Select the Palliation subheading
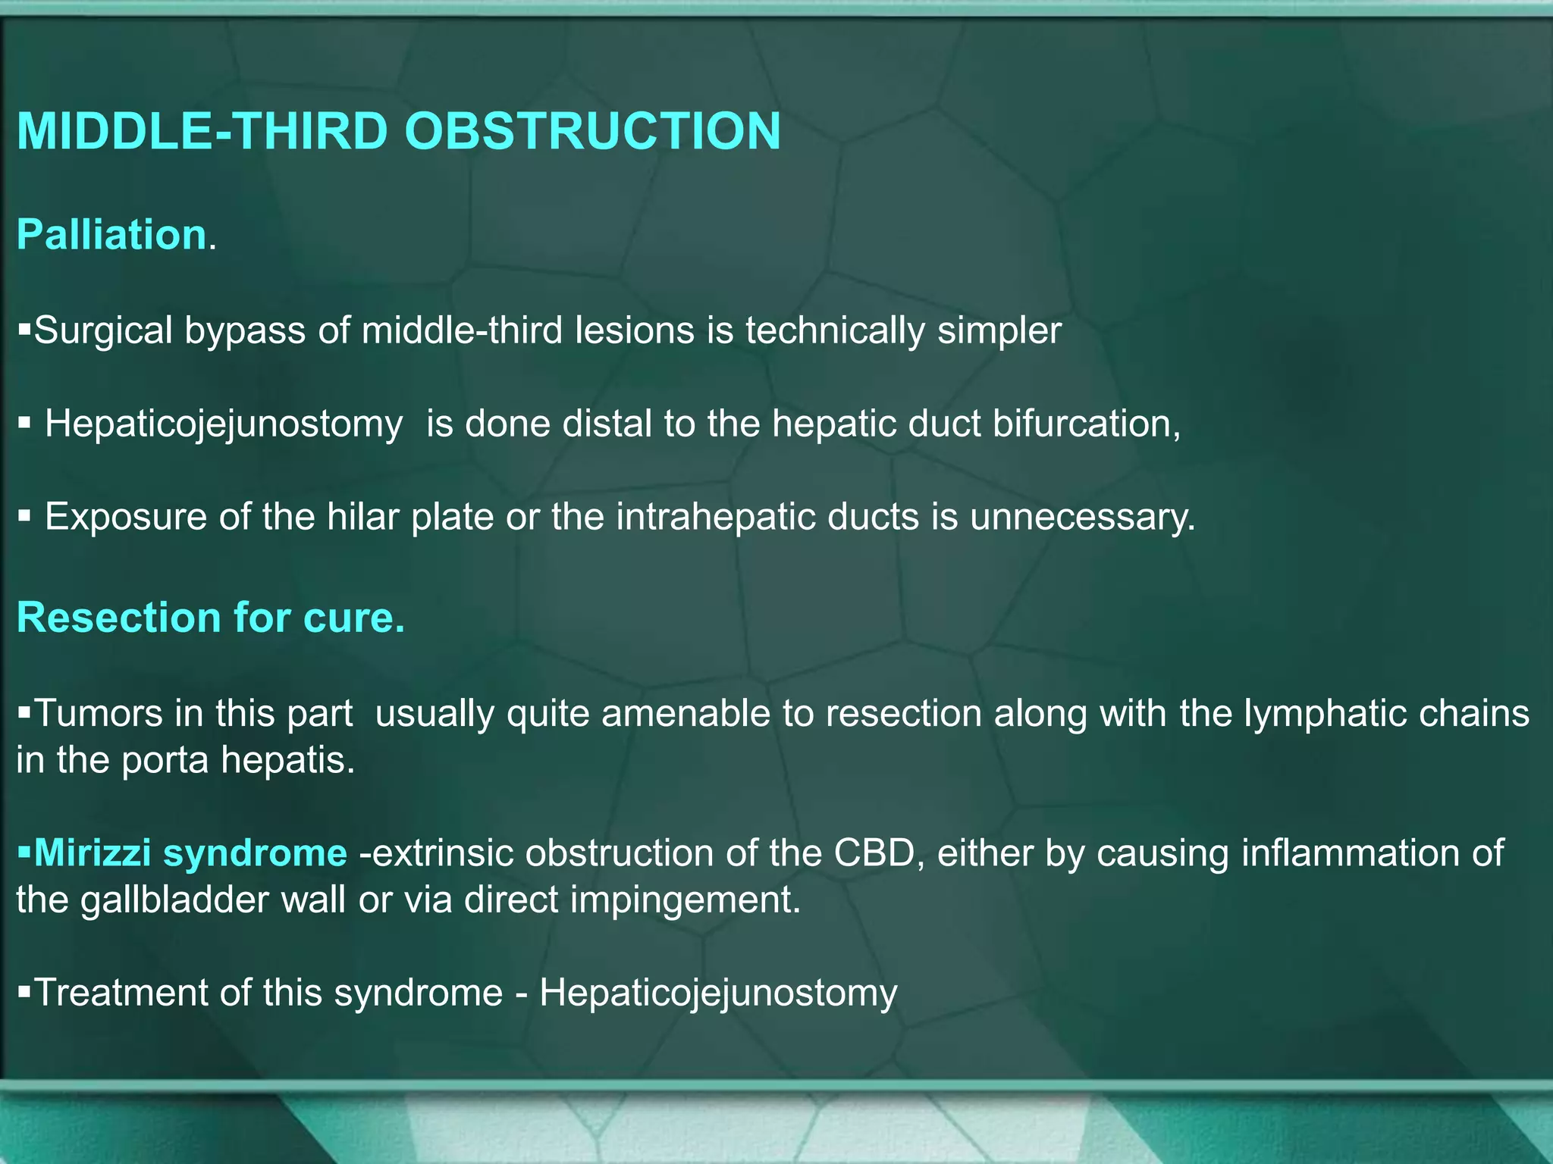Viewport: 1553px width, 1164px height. coord(111,235)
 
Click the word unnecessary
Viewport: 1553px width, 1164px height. coord(1082,518)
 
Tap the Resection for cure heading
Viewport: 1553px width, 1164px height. coord(210,618)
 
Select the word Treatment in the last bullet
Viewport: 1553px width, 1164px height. coord(121,993)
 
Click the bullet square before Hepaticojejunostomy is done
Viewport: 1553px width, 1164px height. coord(24,423)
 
